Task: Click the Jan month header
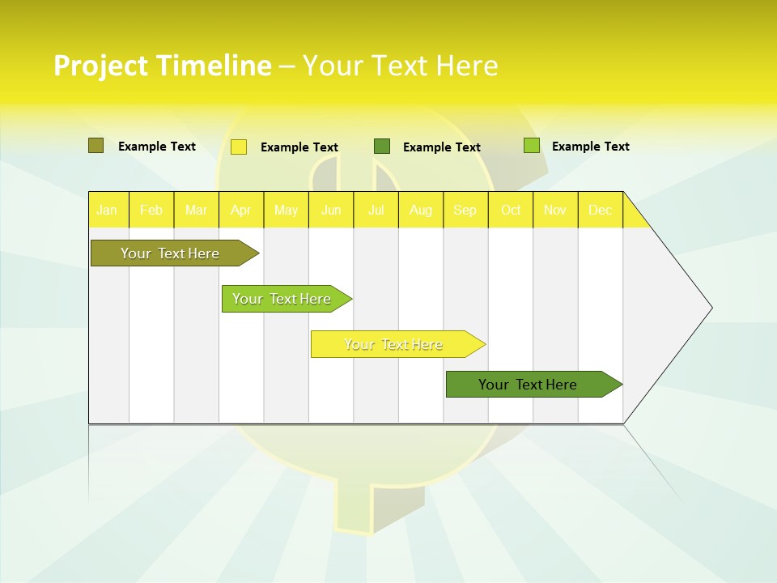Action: [x=107, y=211]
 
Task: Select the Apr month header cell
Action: [x=241, y=211]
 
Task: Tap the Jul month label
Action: [x=376, y=211]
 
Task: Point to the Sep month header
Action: [x=465, y=211]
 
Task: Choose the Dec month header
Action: [x=601, y=211]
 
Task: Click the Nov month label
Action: [x=555, y=211]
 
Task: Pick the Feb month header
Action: [x=151, y=211]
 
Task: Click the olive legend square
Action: [x=96, y=146]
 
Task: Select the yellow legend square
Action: [x=239, y=147]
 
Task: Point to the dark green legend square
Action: [x=382, y=146]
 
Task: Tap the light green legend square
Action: [x=532, y=146]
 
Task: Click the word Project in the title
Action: [x=101, y=66]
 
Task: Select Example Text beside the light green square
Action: [x=590, y=147]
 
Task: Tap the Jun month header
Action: [x=331, y=211]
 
